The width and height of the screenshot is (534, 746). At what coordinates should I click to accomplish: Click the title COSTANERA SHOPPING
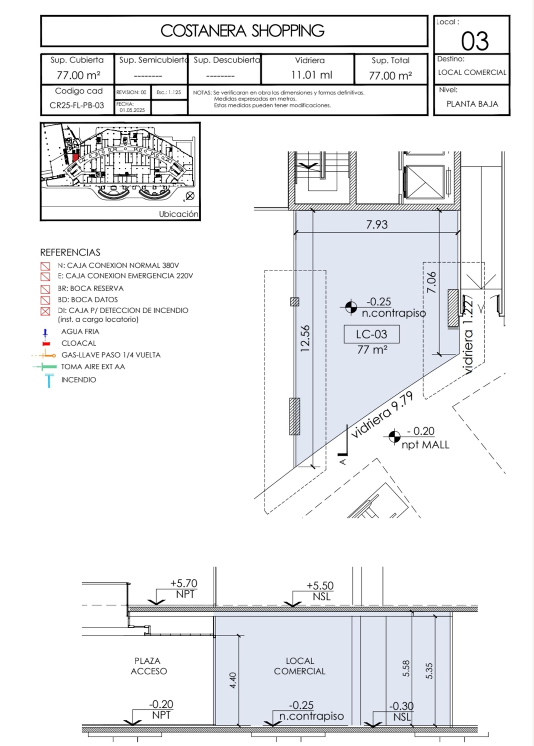pyautogui.click(x=242, y=31)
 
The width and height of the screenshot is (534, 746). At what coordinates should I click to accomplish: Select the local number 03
pyautogui.click(x=474, y=41)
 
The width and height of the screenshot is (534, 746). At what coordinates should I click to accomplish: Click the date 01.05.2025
pyautogui.click(x=132, y=110)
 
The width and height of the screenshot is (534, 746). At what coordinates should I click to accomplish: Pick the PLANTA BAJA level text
pyautogui.click(x=472, y=104)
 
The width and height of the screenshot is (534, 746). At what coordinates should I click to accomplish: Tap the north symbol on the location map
pyautogui.click(x=190, y=196)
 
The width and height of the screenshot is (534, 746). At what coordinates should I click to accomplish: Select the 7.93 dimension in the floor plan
pyautogui.click(x=377, y=225)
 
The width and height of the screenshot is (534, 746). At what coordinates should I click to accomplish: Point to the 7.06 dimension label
pyautogui.click(x=431, y=282)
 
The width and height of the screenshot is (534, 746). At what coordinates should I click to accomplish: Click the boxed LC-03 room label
pyautogui.click(x=372, y=334)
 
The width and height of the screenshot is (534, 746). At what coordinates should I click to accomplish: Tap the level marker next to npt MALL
pyautogui.click(x=394, y=437)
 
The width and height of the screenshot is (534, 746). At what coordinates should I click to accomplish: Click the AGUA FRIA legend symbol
pyautogui.click(x=45, y=333)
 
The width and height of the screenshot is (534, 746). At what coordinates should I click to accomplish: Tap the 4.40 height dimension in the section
pyautogui.click(x=233, y=680)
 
